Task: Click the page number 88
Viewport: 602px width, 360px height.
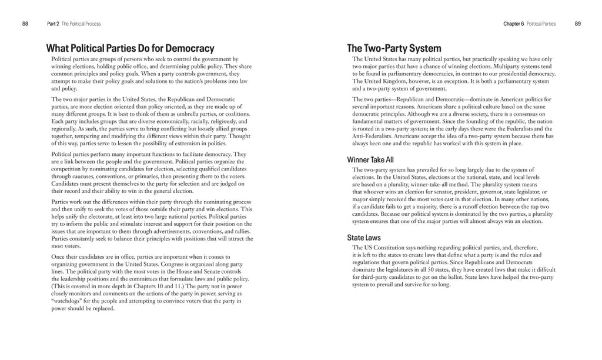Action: click(25, 24)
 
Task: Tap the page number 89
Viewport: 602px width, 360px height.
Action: click(577, 24)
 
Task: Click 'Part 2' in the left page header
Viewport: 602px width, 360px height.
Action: click(52, 24)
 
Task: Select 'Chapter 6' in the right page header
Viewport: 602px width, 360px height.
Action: click(514, 24)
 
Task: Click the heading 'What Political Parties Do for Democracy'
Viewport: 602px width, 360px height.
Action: click(130, 48)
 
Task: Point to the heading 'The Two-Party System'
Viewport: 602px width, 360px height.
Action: click(394, 48)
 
